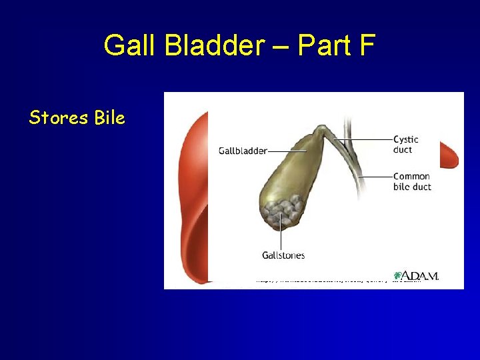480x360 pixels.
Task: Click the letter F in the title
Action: [367, 45]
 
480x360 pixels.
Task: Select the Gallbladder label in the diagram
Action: [243, 151]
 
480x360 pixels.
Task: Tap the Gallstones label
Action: [283, 255]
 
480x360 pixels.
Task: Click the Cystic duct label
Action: [405, 144]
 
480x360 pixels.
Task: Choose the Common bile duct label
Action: [411, 181]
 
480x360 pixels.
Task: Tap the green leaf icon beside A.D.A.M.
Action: [398, 275]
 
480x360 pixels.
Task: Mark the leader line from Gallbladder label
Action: [287, 151]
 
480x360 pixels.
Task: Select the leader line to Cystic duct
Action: [363, 139]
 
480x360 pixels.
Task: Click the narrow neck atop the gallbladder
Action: [323, 129]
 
